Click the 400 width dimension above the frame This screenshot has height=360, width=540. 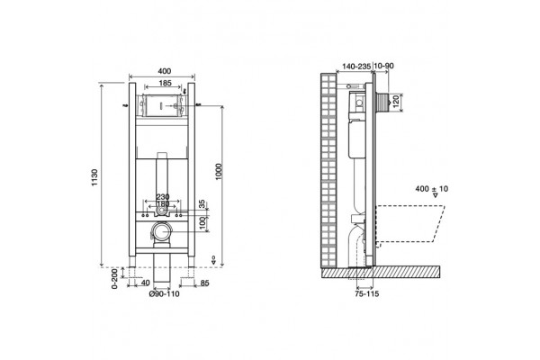[165, 71]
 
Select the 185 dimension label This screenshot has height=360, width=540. [166, 83]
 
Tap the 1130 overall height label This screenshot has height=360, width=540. [94, 177]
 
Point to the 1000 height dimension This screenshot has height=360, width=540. [219, 171]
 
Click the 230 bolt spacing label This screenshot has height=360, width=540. [163, 197]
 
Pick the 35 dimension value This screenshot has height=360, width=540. [202, 203]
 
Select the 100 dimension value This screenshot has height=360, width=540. [203, 223]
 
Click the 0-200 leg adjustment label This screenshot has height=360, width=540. [115, 278]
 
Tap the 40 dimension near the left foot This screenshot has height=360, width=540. [146, 283]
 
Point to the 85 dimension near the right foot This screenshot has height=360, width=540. [204, 283]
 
